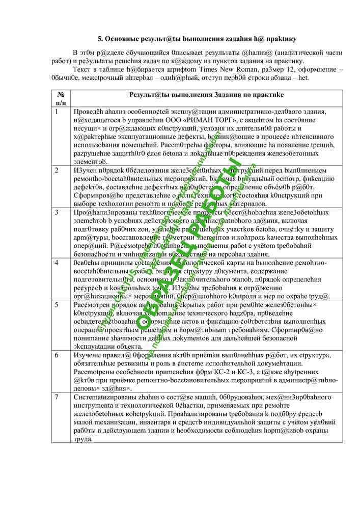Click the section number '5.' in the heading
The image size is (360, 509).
(x=100, y=39)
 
